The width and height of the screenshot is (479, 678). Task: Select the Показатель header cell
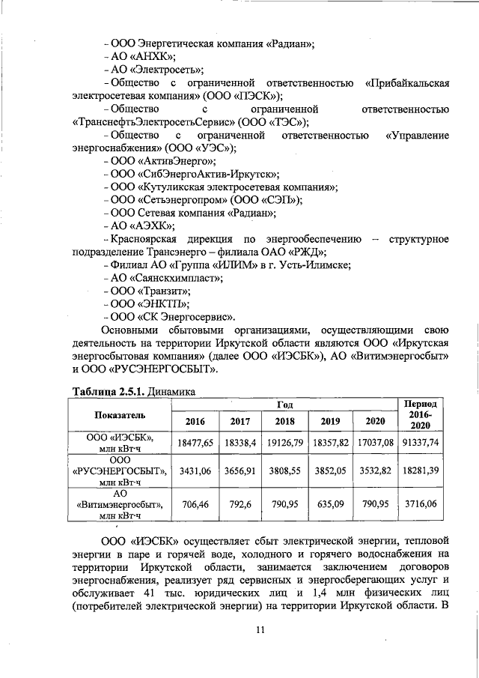[120, 414]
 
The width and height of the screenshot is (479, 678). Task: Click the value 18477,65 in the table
[195, 443]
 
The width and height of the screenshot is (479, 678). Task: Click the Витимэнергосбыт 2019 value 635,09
[330, 505]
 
